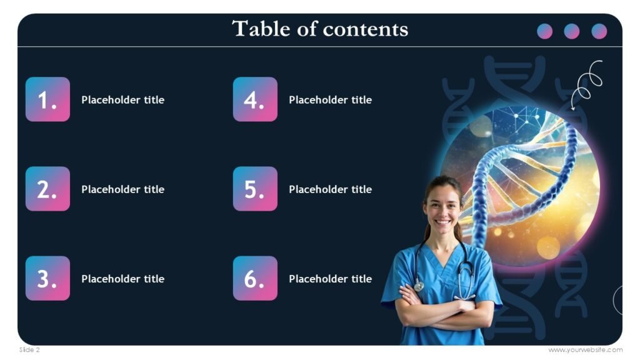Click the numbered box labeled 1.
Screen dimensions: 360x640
[47, 99]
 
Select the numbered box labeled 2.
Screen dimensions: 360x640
[47, 189]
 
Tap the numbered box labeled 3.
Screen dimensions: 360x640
[47, 278]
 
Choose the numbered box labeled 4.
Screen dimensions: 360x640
[255, 99]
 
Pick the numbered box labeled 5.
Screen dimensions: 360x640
[255, 189]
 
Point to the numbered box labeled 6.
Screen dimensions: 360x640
[255, 278]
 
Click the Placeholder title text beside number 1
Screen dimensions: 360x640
[122, 100]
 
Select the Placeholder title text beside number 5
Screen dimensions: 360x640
[330, 189]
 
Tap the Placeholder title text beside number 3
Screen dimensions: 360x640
[122, 279]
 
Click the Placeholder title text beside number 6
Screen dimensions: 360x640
[330, 279]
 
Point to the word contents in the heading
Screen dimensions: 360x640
[372, 29]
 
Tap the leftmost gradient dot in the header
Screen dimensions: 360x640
[545, 31]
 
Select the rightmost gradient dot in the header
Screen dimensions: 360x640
[599, 31]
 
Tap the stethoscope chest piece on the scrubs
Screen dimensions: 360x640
[419, 286]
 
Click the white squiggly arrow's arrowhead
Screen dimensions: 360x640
[574, 107]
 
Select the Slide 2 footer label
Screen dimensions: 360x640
[29, 350]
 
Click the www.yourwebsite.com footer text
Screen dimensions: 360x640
[585, 350]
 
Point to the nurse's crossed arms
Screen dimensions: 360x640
[444, 309]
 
